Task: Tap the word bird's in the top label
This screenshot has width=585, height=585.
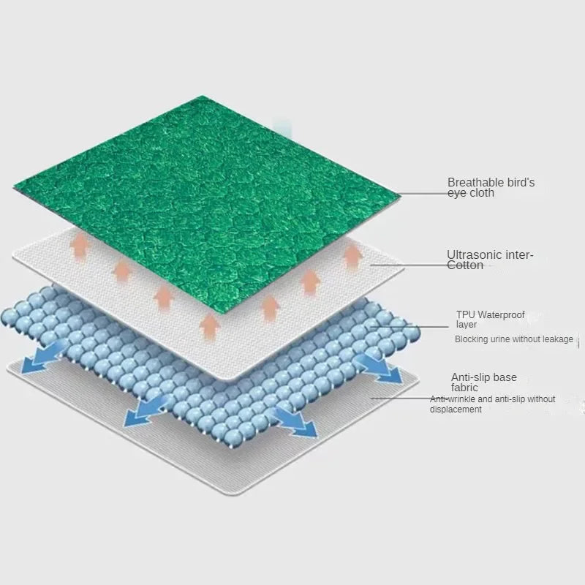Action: click(520, 182)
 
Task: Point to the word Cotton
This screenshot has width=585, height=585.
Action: click(465, 265)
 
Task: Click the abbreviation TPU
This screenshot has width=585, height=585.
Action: click(466, 315)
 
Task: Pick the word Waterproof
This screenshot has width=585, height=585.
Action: click(502, 315)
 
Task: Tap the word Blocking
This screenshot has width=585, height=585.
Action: click(471, 339)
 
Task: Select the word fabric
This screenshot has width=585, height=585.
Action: click(465, 388)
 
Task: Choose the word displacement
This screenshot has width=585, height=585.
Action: click(456, 409)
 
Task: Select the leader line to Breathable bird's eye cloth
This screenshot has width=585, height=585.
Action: click(424, 194)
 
